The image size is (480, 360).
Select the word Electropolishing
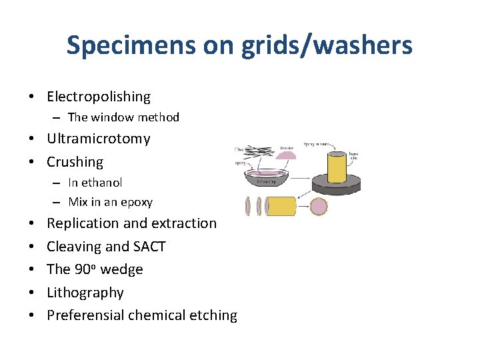99,97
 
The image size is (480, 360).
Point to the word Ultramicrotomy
99,139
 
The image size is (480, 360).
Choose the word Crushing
75,162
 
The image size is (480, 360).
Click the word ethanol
102,183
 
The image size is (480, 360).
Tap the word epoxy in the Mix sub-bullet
137,202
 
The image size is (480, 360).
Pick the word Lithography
85,293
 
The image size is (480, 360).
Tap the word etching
215,315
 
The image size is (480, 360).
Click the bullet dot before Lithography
32,293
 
